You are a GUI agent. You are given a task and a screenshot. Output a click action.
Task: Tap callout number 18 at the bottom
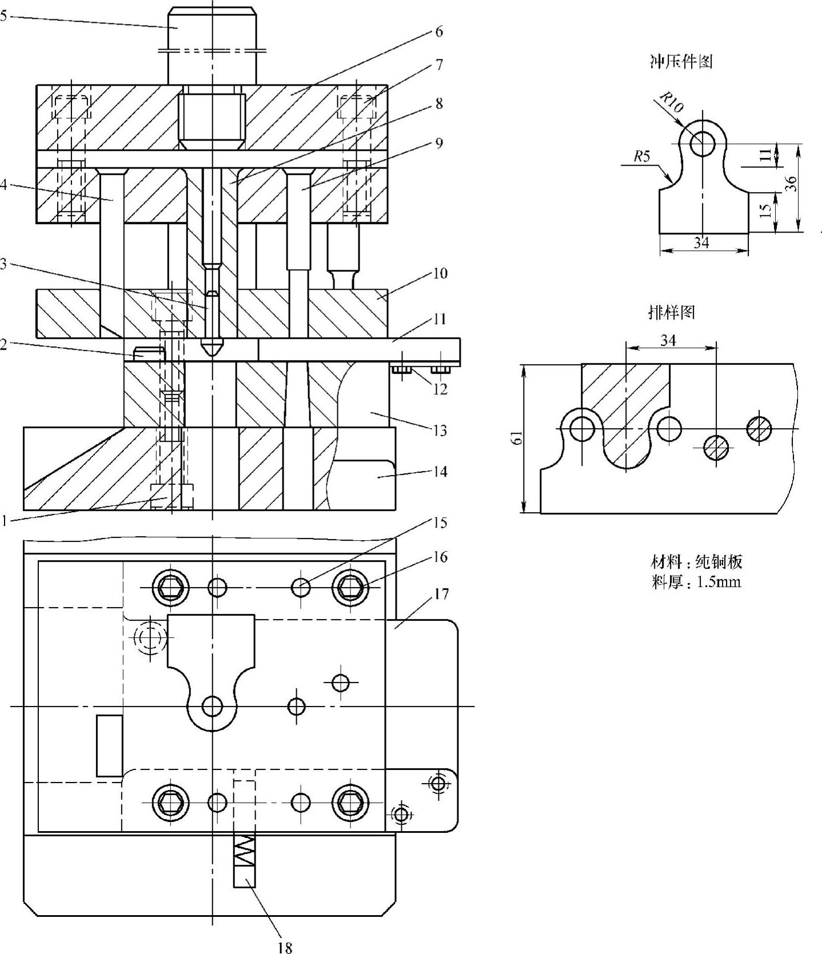pyautogui.click(x=285, y=947)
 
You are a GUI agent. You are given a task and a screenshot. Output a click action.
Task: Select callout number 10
pyautogui.click(x=440, y=273)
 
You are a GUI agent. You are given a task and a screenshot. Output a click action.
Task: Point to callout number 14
pyautogui.click(x=440, y=472)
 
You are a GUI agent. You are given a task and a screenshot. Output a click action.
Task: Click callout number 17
pyautogui.click(x=441, y=594)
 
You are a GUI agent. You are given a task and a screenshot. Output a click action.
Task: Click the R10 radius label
pyautogui.click(x=671, y=102)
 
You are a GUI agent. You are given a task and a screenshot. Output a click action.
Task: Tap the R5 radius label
pyautogui.click(x=641, y=155)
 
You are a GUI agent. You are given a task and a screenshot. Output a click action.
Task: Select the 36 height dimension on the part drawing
pyautogui.click(x=791, y=183)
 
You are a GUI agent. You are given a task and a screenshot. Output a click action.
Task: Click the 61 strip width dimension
pyautogui.click(x=516, y=438)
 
